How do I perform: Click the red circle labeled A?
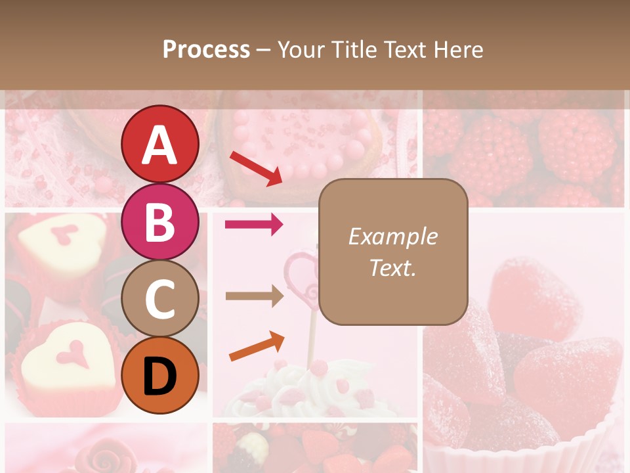tap(159, 145)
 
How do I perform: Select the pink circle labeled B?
tap(159, 222)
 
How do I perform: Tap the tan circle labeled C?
tap(159, 299)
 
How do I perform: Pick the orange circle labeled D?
tap(159, 375)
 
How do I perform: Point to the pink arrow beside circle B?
tap(254, 225)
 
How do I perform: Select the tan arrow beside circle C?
tap(254, 296)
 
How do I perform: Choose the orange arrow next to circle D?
tap(257, 346)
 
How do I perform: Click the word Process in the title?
tap(206, 50)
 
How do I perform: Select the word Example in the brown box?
tap(392, 236)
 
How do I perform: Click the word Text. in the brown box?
tap(392, 267)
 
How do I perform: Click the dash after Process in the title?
tap(264, 50)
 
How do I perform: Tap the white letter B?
tap(159, 222)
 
